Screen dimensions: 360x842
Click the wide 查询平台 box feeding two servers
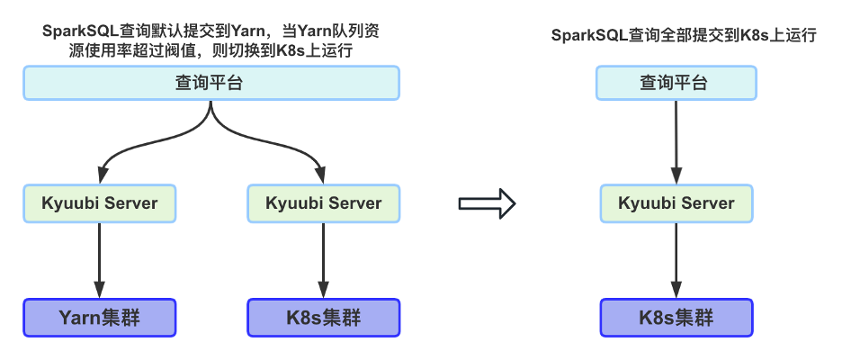point(210,84)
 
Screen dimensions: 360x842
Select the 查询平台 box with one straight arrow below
point(675,84)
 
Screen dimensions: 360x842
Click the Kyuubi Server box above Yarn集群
point(99,203)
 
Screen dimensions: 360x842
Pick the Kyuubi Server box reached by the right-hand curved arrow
point(323,203)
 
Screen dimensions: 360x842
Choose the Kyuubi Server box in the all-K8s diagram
point(676,203)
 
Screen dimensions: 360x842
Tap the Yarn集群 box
point(99,318)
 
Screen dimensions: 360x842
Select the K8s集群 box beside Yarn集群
point(323,318)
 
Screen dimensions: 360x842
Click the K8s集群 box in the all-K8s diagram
point(676,318)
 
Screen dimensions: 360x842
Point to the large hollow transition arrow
point(487,203)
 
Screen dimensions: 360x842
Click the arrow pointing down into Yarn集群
point(99,261)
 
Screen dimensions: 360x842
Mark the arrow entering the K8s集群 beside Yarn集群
point(323,261)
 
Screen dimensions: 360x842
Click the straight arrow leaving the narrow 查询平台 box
point(676,139)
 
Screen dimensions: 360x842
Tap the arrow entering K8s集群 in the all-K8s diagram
point(676,261)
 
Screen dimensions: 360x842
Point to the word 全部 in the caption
point(664,36)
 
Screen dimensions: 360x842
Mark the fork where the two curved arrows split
point(210,115)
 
